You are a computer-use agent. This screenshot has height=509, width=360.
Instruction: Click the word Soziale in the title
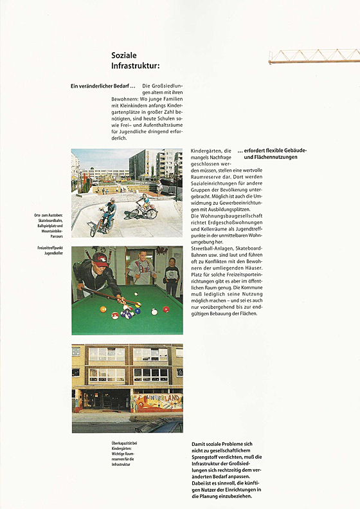click(x=123, y=56)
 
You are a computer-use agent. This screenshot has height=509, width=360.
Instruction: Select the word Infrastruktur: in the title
click(x=135, y=66)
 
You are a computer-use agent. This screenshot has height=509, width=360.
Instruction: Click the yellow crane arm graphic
click(x=313, y=56)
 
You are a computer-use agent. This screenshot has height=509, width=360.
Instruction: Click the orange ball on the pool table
click(x=103, y=309)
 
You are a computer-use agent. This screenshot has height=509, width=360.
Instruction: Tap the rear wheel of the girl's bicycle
click(x=152, y=212)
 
